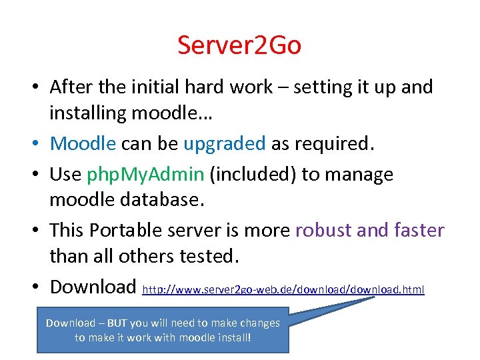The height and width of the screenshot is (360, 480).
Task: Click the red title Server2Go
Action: [x=239, y=45]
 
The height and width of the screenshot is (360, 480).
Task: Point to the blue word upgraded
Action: [x=224, y=143]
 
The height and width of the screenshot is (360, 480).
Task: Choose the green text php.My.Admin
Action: [x=145, y=174]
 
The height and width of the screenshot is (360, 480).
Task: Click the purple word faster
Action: [x=415, y=230]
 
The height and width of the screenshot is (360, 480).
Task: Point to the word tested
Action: [x=216, y=257]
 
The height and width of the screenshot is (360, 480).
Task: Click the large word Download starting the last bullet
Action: [x=93, y=287]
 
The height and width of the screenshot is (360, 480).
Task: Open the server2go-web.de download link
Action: [x=284, y=289]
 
